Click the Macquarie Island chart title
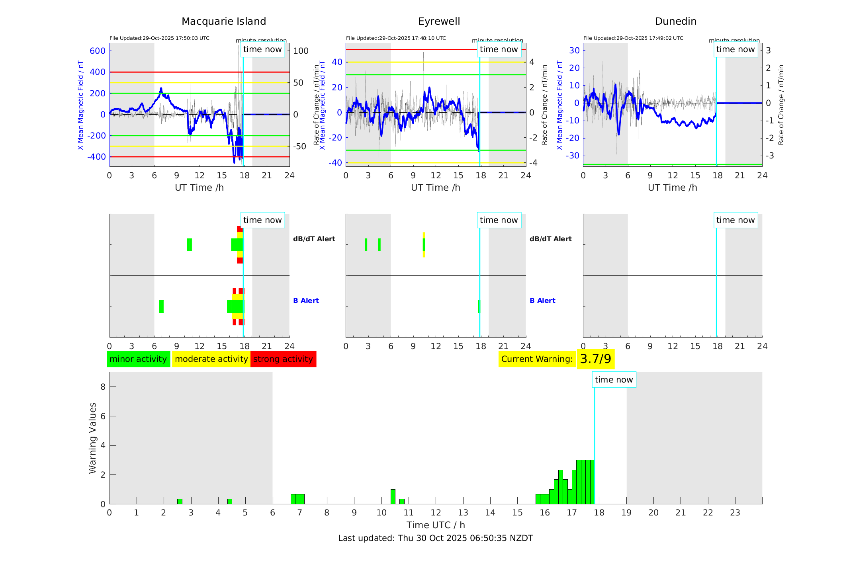(x=223, y=21)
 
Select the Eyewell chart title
(x=439, y=21)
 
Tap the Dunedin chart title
(x=675, y=21)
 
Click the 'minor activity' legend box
(x=138, y=359)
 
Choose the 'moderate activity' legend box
(x=211, y=359)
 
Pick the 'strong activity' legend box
(x=283, y=359)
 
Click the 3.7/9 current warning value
(x=595, y=359)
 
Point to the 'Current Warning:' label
(x=537, y=359)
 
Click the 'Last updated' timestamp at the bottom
(x=435, y=538)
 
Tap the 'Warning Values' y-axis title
(x=92, y=438)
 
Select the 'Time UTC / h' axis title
(x=435, y=525)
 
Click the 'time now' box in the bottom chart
(x=614, y=380)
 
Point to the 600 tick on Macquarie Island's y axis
(x=98, y=51)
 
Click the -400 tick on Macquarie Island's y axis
(x=97, y=157)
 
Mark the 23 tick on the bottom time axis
(x=735, y=513)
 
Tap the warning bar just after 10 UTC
(x=393, y=496)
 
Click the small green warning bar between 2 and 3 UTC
(x=180, y=501)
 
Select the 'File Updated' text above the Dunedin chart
(x=633, y=38)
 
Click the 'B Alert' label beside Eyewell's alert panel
(x=542, y=301)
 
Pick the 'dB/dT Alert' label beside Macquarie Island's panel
(x=314, y=239)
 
